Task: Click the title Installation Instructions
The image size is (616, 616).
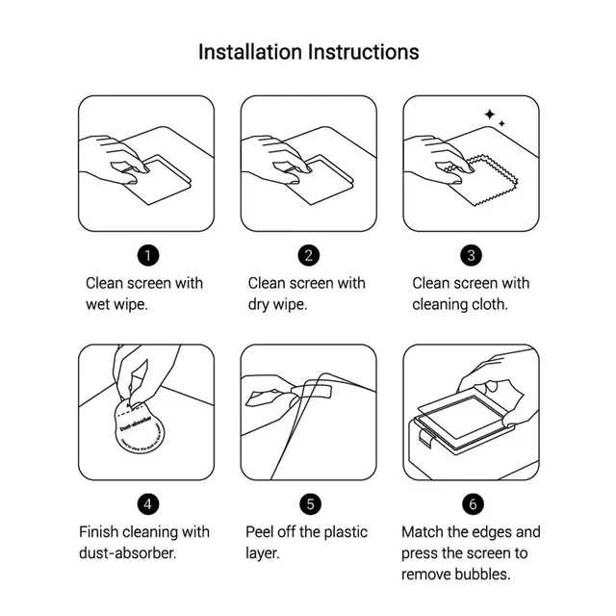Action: point(308,51)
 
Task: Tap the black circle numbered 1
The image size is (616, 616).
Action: point(146,255)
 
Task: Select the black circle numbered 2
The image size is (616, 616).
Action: point(308,255)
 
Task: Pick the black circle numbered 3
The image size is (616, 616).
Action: point(471,255)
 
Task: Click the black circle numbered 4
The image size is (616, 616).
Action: point(146,502)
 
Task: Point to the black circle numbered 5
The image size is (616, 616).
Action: point(308,502)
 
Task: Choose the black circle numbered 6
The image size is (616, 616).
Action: point(471,502)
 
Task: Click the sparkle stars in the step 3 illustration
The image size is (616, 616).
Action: point(494,117)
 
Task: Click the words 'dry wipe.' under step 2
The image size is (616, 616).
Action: point(278,304)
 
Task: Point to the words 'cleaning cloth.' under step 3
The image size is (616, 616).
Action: point(460,304)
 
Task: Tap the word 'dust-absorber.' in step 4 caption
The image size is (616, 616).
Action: point(128,553)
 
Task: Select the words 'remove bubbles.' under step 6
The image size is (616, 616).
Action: point(455,575)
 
